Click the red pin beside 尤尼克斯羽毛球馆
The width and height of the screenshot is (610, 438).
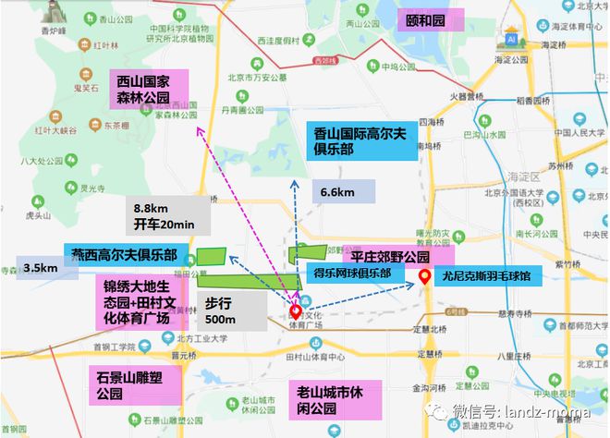tap(424, 276)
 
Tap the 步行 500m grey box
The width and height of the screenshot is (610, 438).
tap(220, 310)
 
